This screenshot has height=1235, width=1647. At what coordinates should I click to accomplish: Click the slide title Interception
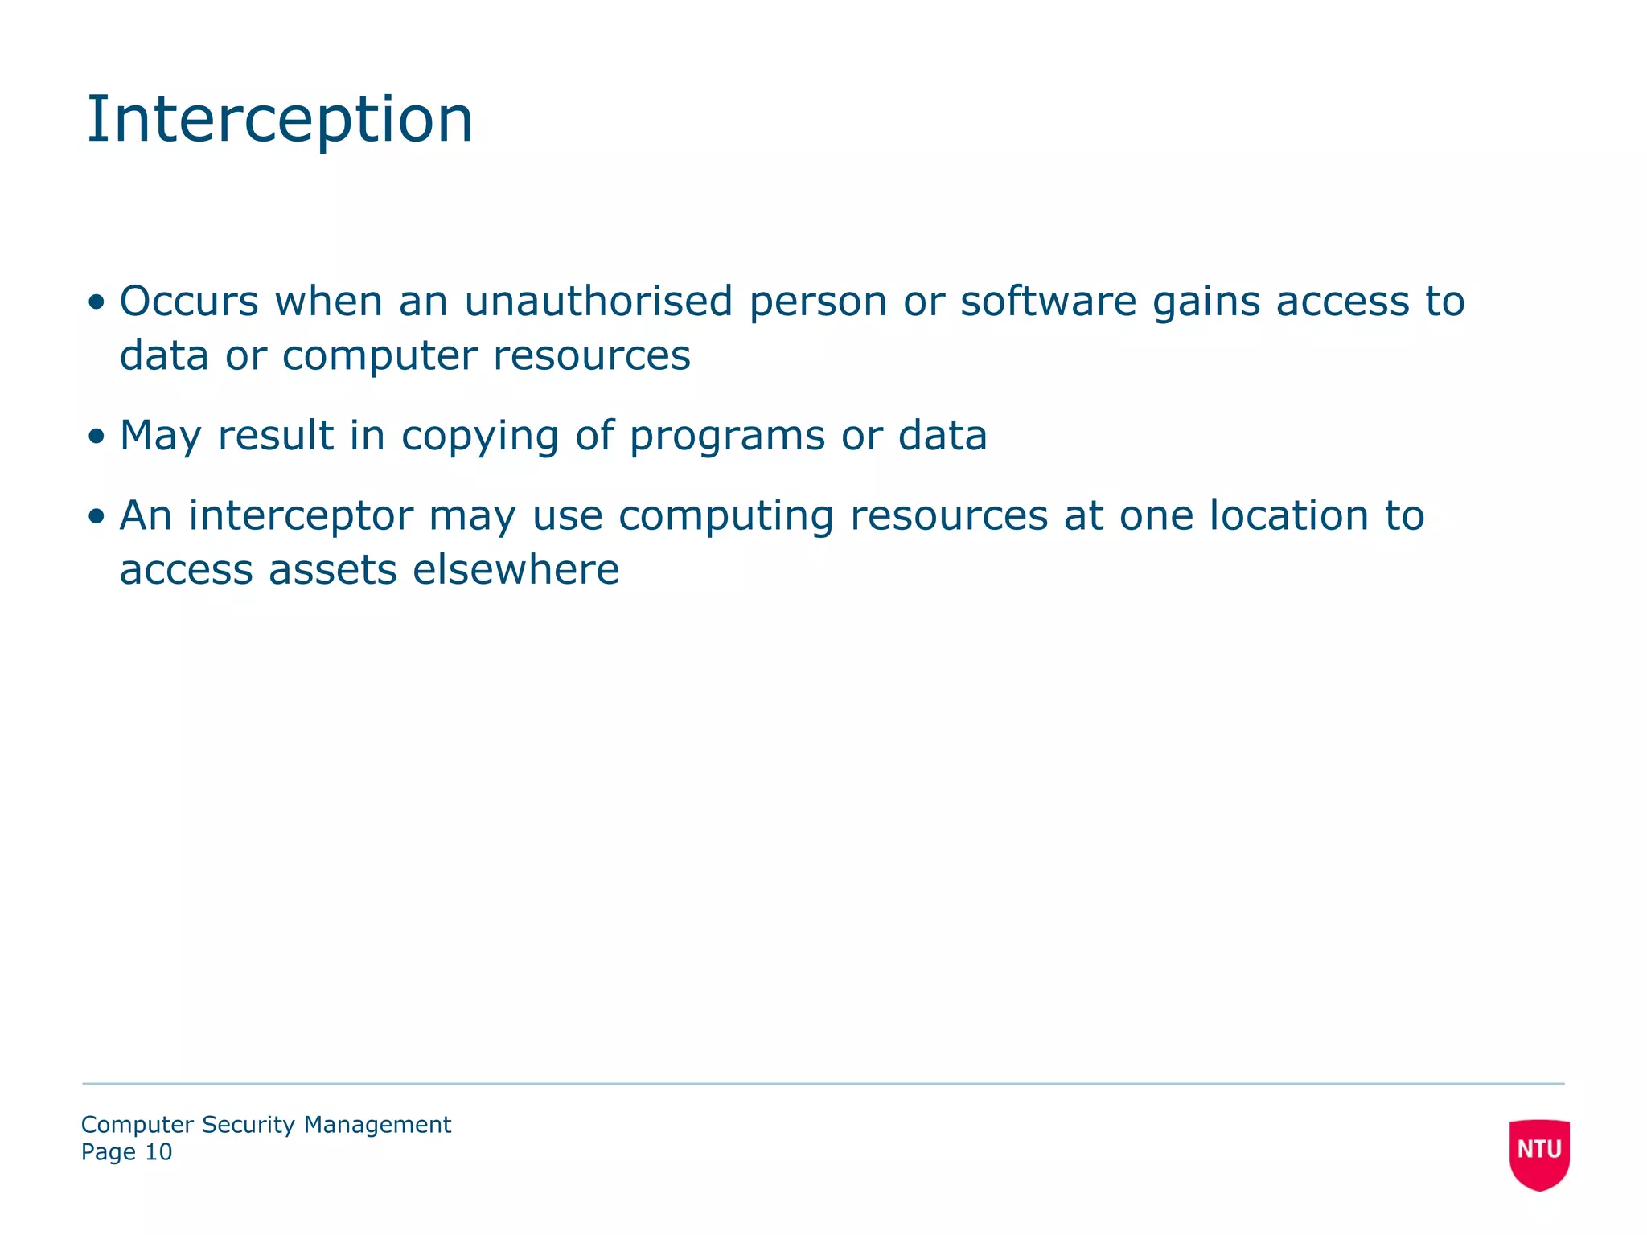click(279, 120)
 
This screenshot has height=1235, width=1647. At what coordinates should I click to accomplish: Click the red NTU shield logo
click(1538, 1153)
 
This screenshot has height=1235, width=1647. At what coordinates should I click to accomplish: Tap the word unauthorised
click(598, 302)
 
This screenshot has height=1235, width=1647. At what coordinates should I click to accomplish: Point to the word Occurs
click(189, 302)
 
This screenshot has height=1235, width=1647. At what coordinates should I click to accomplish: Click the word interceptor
click(301, 516)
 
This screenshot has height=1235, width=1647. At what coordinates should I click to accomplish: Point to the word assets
click(333, 571)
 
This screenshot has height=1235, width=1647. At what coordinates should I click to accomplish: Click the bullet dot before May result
click(97, 437)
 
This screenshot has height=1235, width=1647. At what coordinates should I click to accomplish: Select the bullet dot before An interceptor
click(97, 516)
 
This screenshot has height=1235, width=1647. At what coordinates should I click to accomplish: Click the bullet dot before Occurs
click(97, 302)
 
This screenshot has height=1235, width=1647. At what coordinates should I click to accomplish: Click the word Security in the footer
click(248, 1125)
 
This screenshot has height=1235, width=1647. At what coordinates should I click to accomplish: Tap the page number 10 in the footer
click(158, 1152)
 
